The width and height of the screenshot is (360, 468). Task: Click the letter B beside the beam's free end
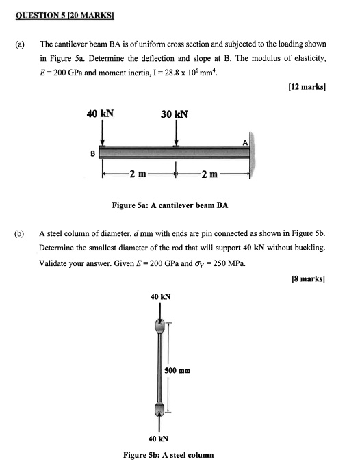[x=93, y=154]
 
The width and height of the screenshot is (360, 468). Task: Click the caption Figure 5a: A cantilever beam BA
[x=170, y=205]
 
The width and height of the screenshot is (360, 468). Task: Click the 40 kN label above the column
[x=159, y=296]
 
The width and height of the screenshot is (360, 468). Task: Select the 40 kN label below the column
[x=159, y=439]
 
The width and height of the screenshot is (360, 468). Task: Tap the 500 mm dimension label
[x=179, y=369]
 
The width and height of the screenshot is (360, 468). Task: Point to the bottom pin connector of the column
[x=159, y=409]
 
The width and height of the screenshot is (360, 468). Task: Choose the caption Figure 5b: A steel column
[x=168, y=454]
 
